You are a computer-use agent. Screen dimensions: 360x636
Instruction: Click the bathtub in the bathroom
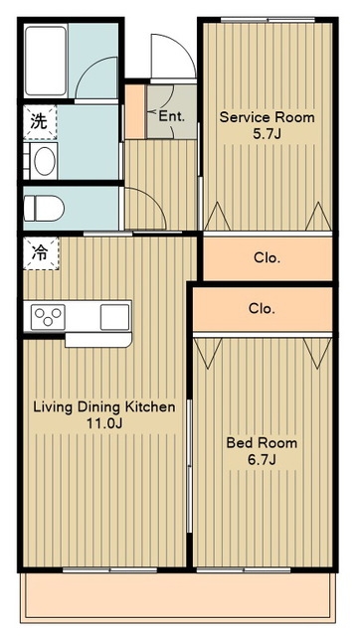coord(46,61)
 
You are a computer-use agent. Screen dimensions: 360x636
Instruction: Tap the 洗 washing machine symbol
coord(40,122)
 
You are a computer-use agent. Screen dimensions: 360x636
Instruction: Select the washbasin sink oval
coord(45,161)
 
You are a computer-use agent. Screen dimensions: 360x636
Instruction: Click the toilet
coord(44,209)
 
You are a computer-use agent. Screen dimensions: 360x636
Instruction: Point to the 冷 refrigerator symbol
coord(41,253)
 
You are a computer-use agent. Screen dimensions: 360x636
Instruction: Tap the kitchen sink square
coord(114,317)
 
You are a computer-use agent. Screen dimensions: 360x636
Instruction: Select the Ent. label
coord(172,117)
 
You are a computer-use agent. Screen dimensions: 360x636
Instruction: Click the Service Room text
coord(267,117)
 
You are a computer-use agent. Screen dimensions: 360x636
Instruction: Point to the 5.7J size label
coord(267,134)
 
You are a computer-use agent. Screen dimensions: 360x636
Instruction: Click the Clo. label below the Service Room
coord(267,258)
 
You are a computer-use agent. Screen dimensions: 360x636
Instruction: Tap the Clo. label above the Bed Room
coord(262,309)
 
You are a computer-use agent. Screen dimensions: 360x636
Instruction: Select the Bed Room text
coord(262,442)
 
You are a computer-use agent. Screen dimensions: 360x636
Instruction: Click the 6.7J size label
coord(262,460)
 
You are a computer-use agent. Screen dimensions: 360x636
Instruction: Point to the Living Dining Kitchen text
coord(104,406)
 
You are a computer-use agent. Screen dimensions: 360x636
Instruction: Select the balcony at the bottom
coord(179,597)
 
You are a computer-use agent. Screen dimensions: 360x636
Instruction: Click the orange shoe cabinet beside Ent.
coord(134,111)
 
